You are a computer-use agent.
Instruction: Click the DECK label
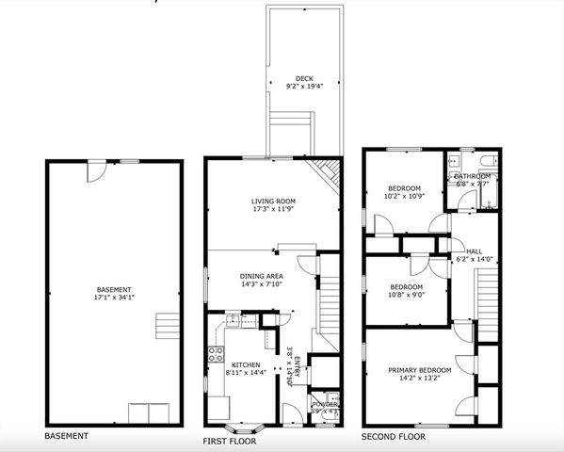(303, 79)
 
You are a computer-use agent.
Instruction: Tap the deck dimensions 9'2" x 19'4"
(303, 87)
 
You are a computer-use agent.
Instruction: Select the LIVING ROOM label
(273, 202)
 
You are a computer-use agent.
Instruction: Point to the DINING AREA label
(262, 276)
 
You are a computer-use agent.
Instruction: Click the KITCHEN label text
(246, 363)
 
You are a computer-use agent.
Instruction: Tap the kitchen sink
(232, 322)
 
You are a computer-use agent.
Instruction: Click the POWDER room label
(324, 404)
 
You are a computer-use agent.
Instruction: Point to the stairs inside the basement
(166, 326)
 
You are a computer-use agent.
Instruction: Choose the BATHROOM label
(473, 176)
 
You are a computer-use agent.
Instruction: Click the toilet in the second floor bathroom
(454, 161)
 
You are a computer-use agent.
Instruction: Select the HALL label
(474, 251)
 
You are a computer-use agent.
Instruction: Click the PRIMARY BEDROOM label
(420, 370)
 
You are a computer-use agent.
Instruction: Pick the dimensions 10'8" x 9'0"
(407, 295)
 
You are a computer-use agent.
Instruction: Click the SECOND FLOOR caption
(393, 437)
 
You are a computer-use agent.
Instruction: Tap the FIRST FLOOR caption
(231, 440)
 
